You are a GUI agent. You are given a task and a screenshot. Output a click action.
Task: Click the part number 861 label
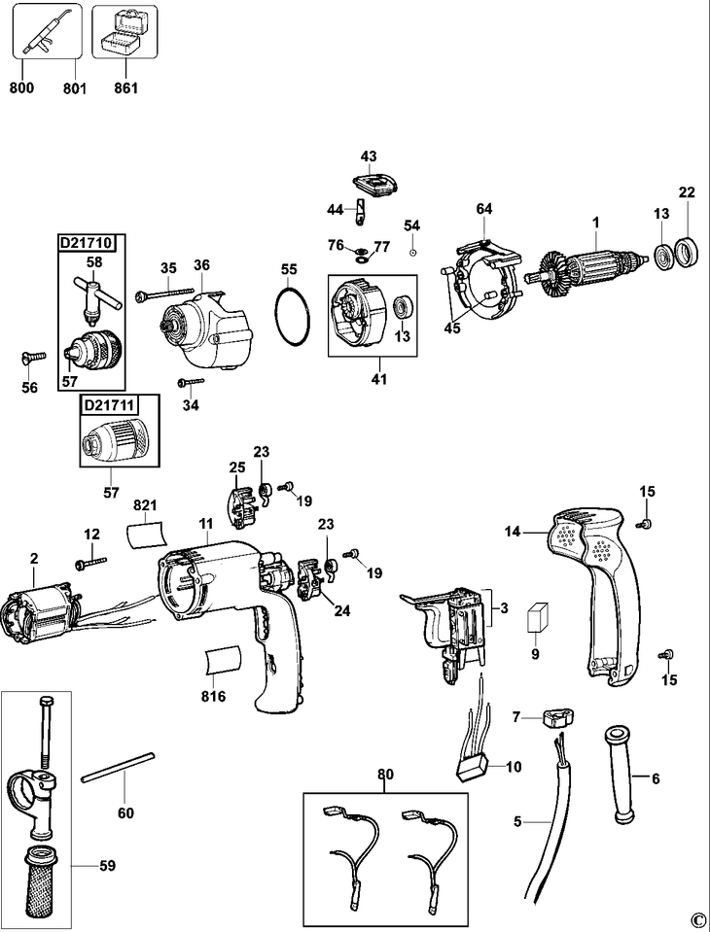(x=125, y=88)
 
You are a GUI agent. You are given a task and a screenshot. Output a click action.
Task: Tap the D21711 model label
(x=108, y=405)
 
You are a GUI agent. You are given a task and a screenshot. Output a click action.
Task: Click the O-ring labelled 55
(x=293, y=316)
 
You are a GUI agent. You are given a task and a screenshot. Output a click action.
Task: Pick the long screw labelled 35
(x=165, y=293)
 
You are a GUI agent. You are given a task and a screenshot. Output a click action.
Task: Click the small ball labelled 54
(x=412, y=253)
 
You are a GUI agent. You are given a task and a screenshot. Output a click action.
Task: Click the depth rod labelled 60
(x=119, y=768)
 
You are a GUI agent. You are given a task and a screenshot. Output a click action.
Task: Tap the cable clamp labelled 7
(x=558, y=717)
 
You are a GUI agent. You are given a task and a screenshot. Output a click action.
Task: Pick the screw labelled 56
(x=33, y=356)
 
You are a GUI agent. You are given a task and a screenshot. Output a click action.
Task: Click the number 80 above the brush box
(x=385, y=775)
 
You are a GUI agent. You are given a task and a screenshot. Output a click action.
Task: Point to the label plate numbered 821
(x=146, y=534)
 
